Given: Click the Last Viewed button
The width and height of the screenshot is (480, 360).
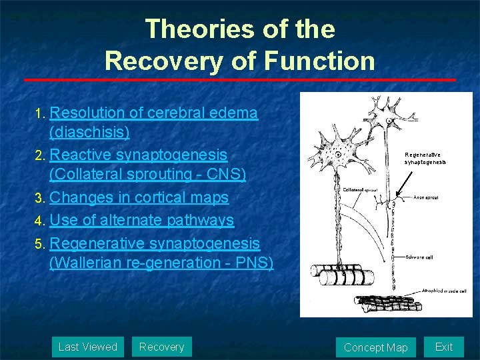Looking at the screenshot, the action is click(87, 347).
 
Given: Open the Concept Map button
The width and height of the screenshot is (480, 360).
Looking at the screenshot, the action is click(375, 347).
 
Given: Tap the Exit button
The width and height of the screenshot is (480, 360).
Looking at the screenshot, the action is click(443, 347).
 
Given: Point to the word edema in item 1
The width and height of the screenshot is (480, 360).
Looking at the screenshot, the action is click(238, 113).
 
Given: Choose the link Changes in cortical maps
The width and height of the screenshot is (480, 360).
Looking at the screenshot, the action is click(139, 198).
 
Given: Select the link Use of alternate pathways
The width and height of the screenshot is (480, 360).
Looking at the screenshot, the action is click(141, 220).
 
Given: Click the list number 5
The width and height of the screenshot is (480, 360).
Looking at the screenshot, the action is click(39, 243).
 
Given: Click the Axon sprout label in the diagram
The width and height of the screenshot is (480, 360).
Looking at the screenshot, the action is click(426, 197).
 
